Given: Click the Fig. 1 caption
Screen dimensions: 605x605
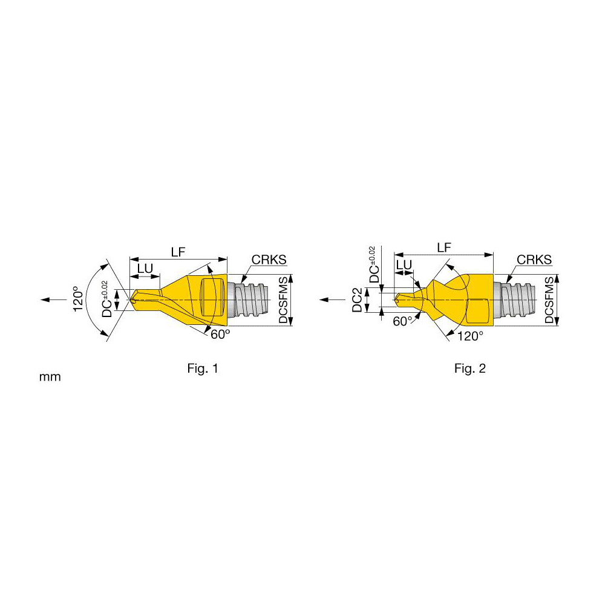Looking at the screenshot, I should click(203, 368).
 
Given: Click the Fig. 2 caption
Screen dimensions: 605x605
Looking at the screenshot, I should click(470, 368).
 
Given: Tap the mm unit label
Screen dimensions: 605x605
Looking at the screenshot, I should click(50, 377).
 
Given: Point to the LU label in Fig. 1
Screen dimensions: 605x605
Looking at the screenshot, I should click(144, 267).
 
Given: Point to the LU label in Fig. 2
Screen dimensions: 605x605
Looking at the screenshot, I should click(404, 265).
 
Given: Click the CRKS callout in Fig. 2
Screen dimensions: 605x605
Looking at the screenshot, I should click(534, 260).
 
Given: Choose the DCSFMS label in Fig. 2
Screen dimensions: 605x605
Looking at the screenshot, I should click(549, 300).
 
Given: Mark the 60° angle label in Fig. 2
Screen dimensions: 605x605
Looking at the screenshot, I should click(402, 321).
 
